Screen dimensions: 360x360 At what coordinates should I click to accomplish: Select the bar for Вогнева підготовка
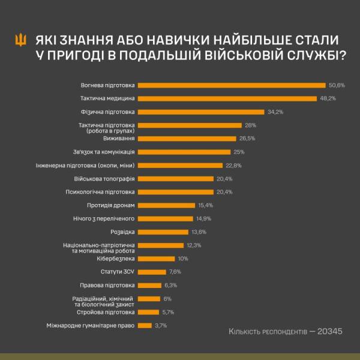coord(231,85)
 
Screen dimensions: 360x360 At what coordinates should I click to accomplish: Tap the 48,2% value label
coord(328,98)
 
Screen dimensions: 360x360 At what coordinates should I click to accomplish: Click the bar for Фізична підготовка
coord(201,112)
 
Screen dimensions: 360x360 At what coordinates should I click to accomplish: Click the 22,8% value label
coord(233,165)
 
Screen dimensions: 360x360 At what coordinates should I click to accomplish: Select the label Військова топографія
coord(108,178)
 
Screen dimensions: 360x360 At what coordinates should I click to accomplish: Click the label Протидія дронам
coord(113,205)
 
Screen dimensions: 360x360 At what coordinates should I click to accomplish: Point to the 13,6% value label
coord(199,232)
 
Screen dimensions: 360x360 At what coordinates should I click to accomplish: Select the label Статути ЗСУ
coord(121,272)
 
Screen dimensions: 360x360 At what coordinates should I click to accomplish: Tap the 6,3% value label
coord(170,285)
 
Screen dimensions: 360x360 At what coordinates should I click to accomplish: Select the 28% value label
coord(251,125)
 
